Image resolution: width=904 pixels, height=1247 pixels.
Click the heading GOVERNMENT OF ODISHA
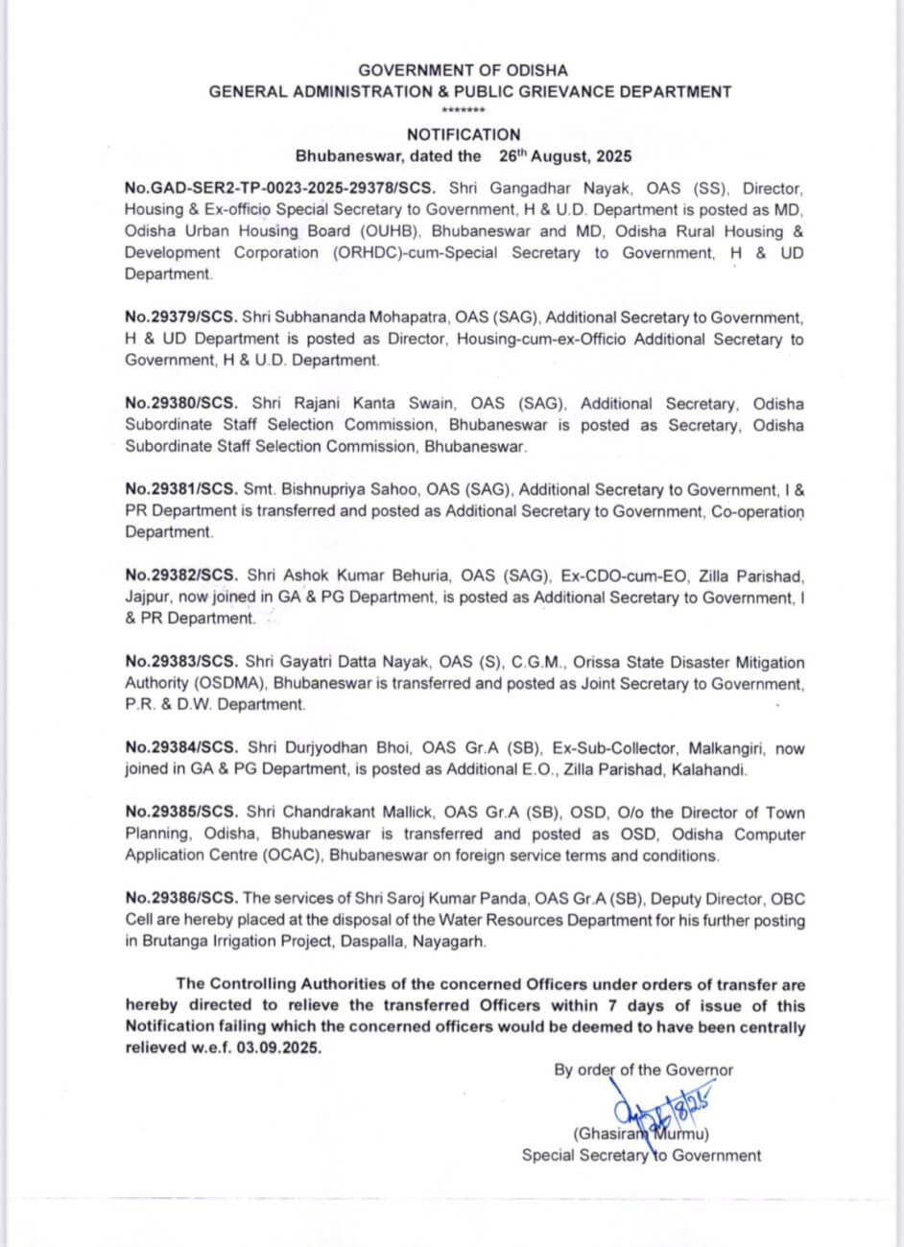coord(463,70)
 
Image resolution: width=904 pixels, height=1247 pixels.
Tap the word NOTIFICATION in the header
coord(464,135)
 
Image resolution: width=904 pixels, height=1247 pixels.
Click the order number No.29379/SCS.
coord(180,318)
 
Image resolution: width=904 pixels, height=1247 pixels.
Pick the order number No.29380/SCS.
coord(180,404)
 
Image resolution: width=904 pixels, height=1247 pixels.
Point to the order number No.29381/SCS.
coord(180,490)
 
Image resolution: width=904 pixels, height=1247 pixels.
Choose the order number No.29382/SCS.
coord(180,576)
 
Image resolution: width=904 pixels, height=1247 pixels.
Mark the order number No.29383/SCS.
coord(180,663)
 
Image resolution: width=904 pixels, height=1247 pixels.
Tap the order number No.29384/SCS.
coord(180,748)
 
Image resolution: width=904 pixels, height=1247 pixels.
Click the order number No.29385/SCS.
coord(180,813)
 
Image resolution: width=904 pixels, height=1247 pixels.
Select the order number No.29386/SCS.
coord(180,899)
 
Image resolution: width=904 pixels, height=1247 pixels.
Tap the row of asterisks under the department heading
coord(464,112)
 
